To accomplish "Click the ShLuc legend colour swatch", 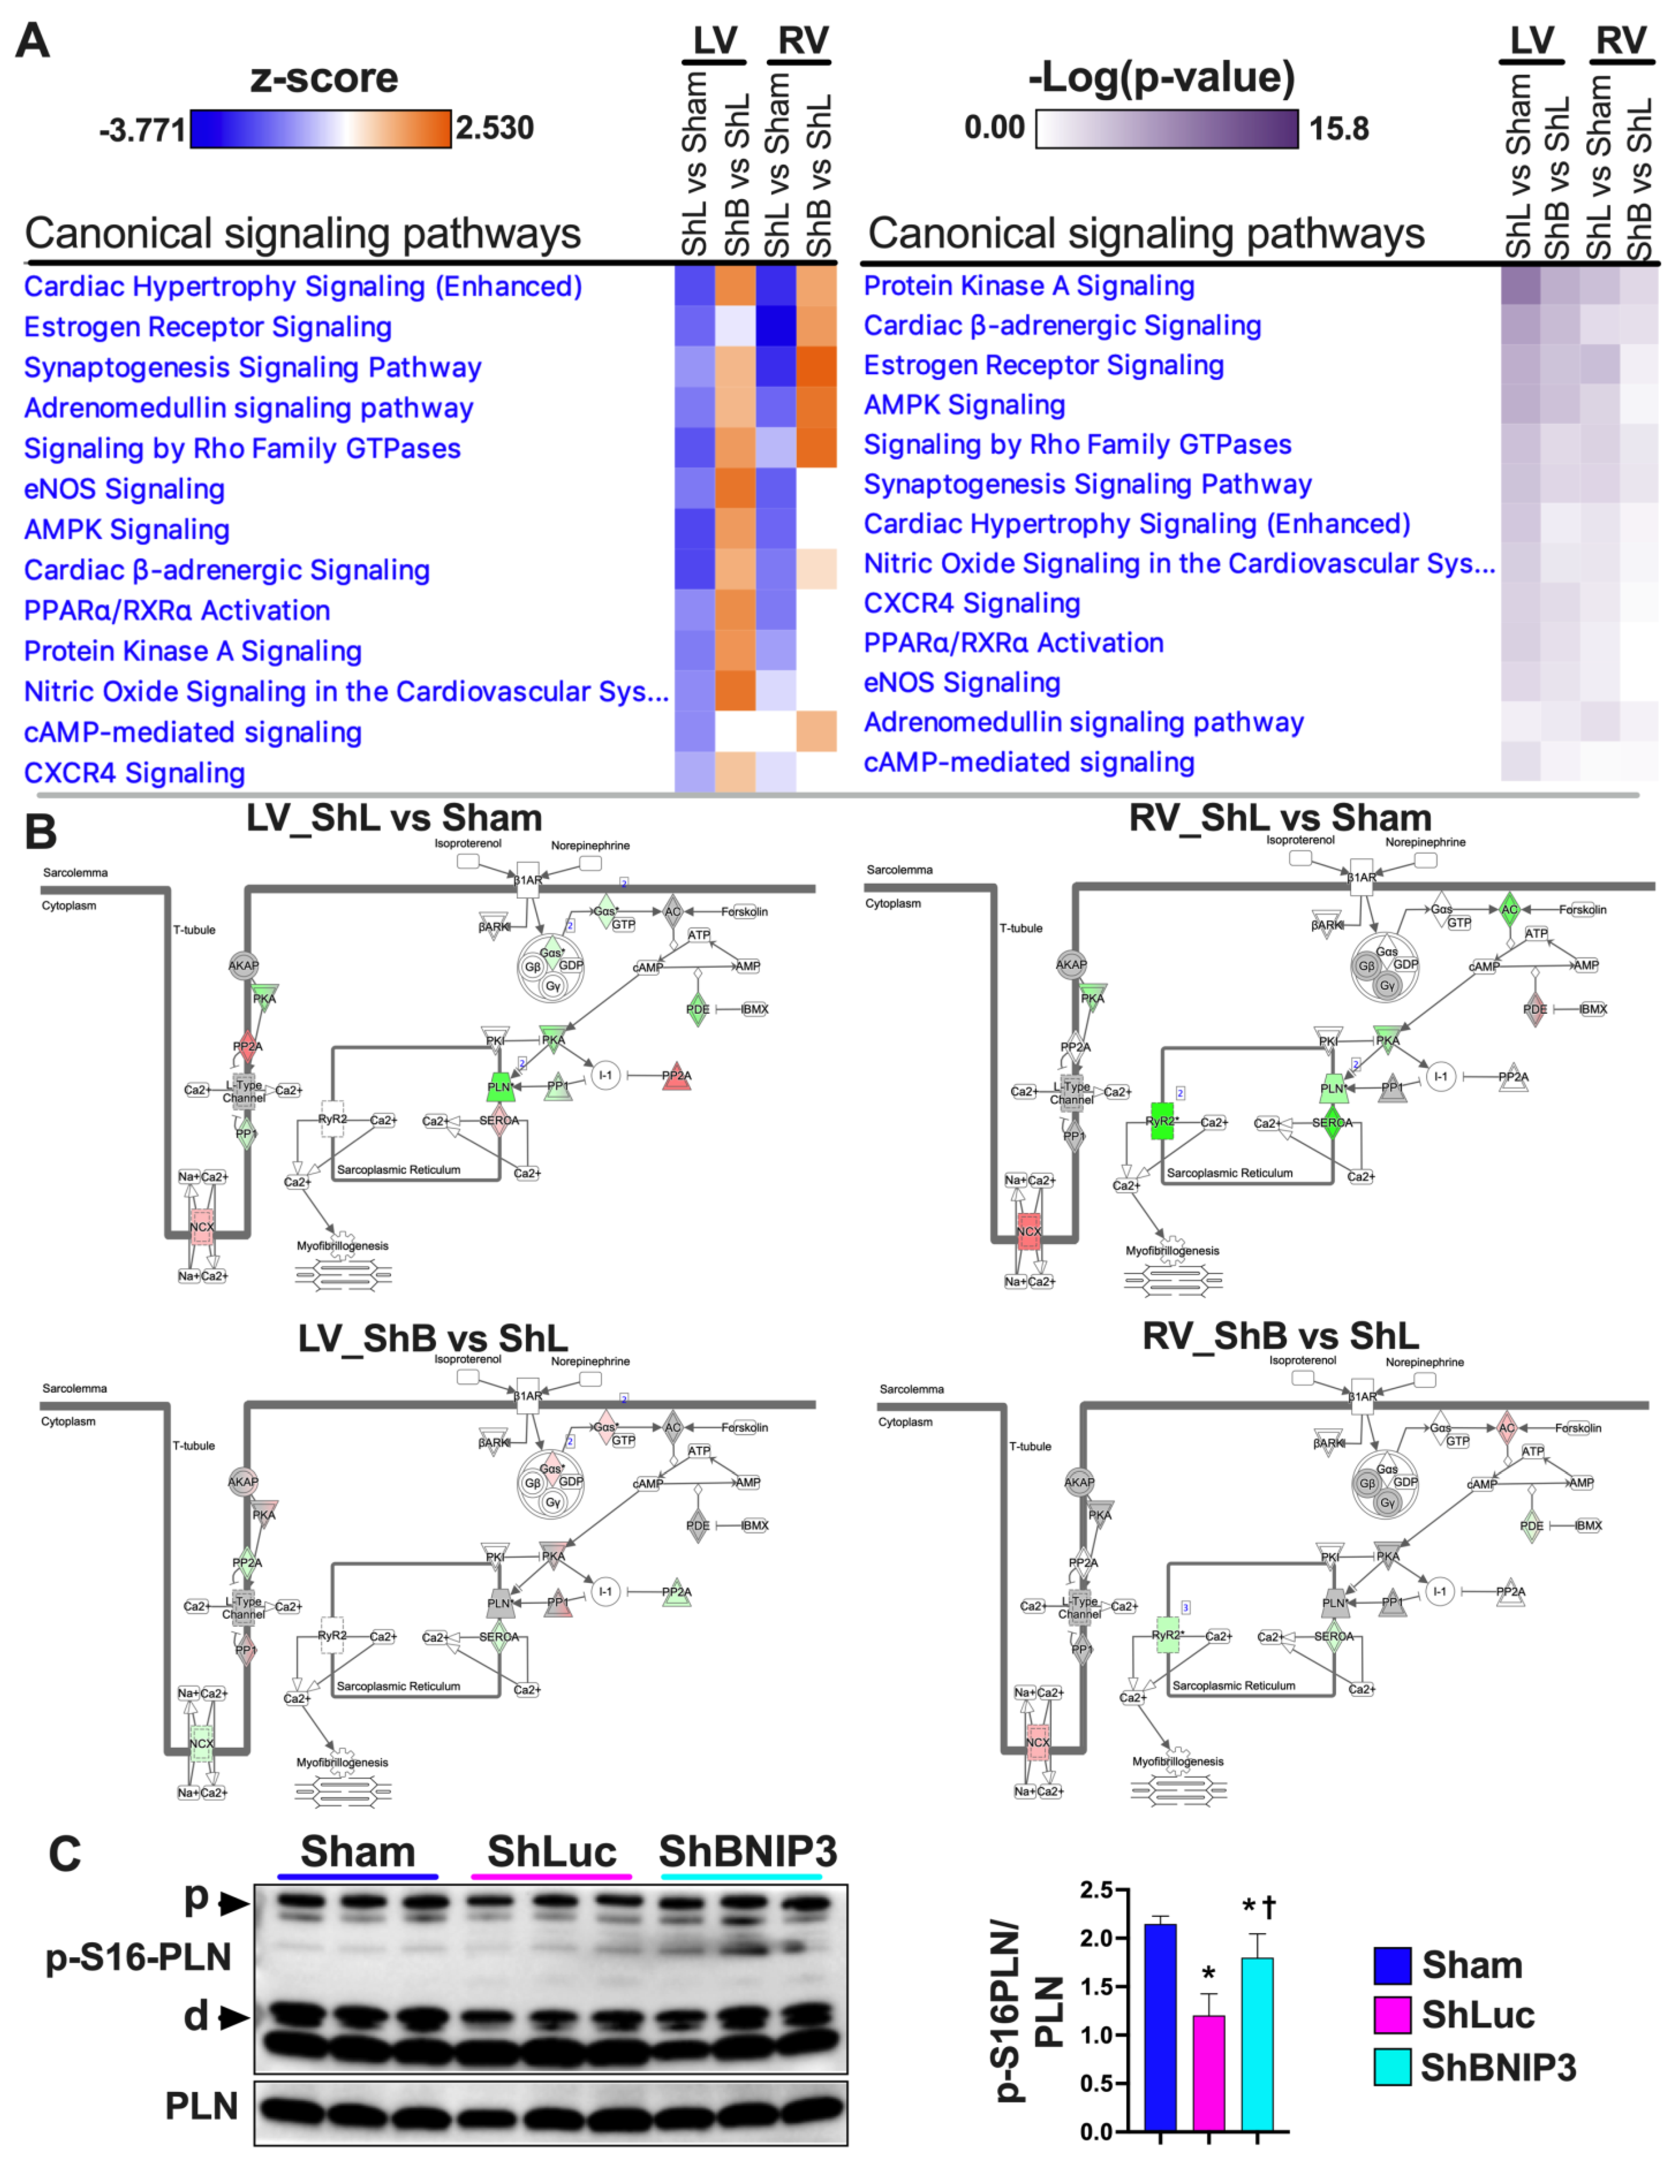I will (x=1392, y=2014).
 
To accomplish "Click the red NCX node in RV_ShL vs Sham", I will (x=1029, y=1231).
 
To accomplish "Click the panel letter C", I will (x=64, y=1855).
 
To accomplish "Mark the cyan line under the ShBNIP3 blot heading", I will (x=741, y=1876).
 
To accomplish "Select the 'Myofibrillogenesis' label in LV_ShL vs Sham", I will (x=343, y=1246).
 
